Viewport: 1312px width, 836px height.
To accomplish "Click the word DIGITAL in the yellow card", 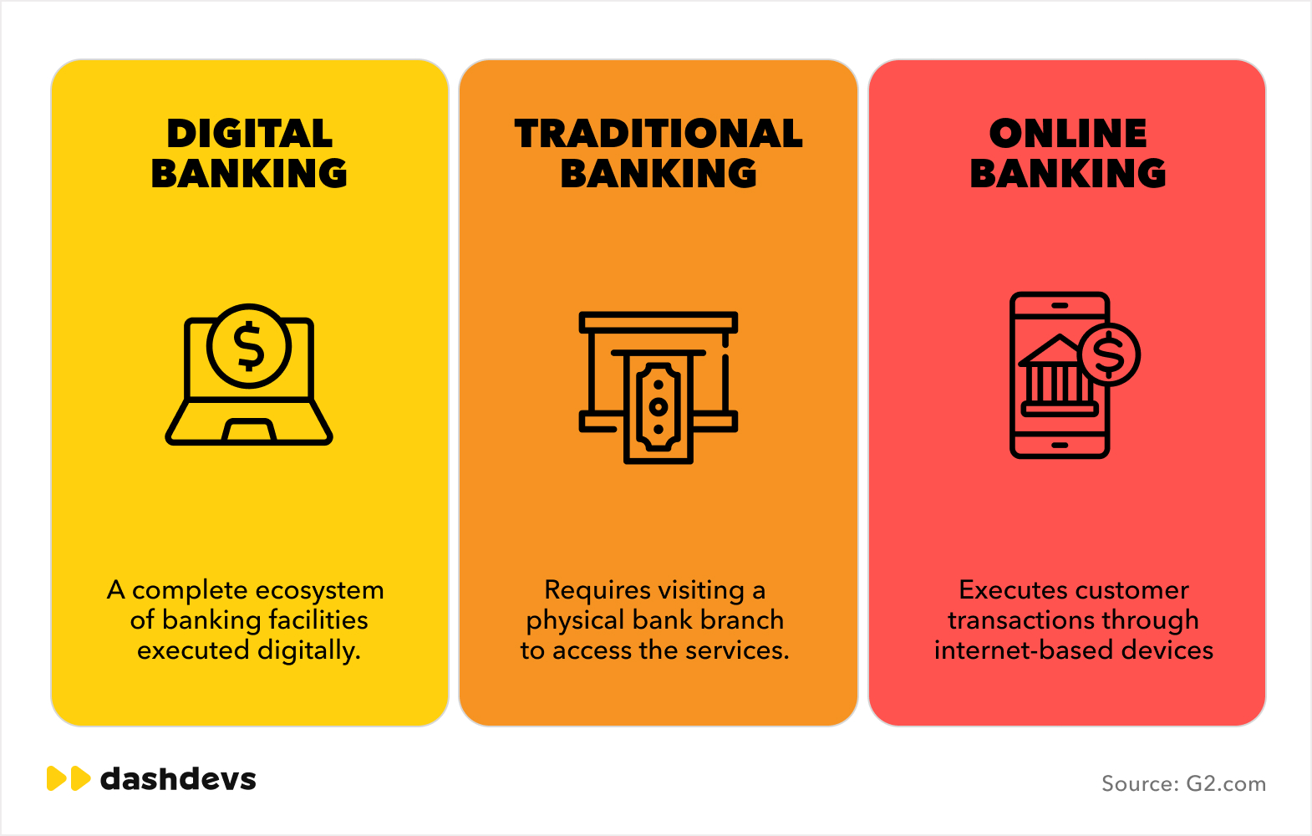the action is (250, 134).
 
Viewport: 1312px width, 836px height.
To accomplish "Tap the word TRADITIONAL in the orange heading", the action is (659, 134).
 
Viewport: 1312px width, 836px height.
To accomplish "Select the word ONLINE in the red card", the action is (1068, 134).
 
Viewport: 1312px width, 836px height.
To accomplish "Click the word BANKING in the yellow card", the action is (249, 173).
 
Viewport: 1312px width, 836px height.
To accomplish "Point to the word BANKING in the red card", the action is (1068, 173).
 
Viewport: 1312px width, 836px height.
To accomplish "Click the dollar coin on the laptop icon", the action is (249, 345).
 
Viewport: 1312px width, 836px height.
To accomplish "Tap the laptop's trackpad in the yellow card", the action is (249, 430).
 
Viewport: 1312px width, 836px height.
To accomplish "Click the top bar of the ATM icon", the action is (659, 322).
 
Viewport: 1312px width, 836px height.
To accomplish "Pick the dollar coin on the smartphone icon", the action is (1109, 355).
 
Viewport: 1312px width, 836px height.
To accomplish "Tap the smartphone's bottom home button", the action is (1060, 446).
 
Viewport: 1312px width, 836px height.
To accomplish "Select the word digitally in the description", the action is (308, 651).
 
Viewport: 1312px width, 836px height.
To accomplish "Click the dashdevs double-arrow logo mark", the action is (69, 778).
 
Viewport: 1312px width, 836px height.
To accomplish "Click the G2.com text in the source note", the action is (1225, 784).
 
